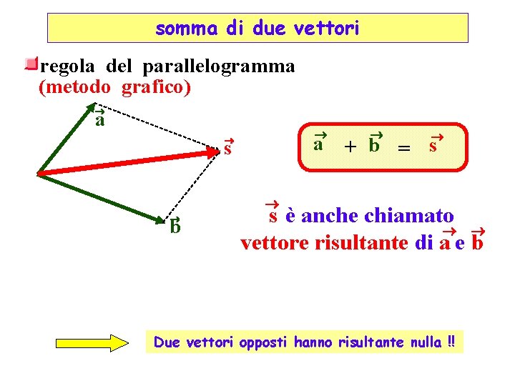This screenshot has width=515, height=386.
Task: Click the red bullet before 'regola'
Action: click(x=30, y=65)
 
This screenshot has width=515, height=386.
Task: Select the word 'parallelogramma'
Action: click(x=218, y=66)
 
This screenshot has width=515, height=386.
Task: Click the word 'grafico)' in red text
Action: click(x=156, y=87)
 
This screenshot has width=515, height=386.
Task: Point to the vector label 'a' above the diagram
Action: click(x=100, y=119)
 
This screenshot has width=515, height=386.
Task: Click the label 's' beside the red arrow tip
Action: click(x=227, y=149)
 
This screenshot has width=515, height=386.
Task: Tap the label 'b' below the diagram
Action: click(x=175, y=227)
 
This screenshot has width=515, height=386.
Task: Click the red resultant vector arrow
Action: click(x=129, y=162)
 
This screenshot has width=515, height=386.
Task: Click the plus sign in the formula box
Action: click(x=349, y=147)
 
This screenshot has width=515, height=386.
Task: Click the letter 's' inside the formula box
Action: click(x=433, y=145)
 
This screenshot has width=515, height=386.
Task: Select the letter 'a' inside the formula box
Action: click(x=318, y=143)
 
